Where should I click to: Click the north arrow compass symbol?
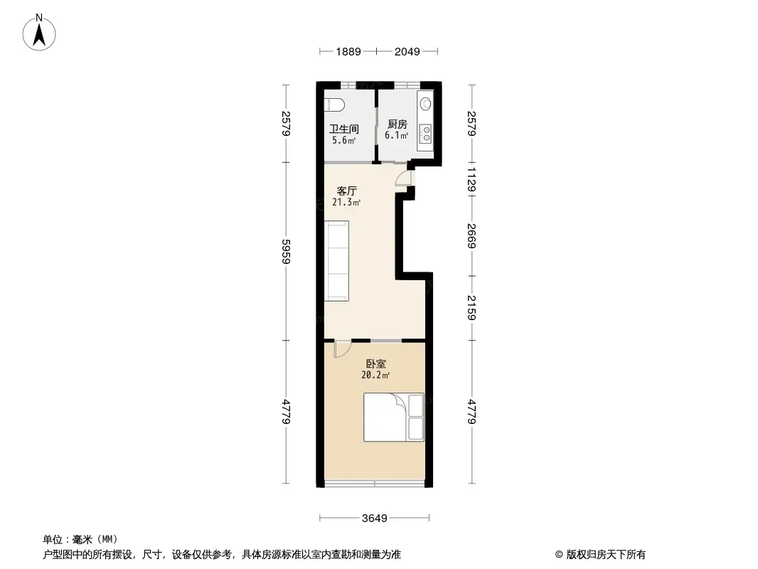click(39, 33)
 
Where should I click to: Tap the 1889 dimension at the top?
click(348, 52)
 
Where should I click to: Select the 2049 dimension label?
click(407, 52)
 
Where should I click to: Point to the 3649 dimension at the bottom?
click(375, 519)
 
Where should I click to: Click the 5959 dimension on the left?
click(286, 251)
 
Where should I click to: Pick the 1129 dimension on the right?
click(472, 179)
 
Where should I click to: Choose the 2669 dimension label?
click(472, 235)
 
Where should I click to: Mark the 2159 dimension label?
click(472, 307)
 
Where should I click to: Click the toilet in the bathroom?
click(334, 105)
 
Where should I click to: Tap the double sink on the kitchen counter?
click(426, 134)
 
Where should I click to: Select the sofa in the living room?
click(336, 261)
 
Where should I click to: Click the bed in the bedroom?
click(393, 418)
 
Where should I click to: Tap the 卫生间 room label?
click(344, 129)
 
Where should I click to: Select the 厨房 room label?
click(397, 124)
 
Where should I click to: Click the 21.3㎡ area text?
click(346, 202)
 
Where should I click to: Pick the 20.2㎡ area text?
click(375, 375)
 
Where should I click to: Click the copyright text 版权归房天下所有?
click(606, 555)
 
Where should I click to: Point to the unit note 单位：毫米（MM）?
click(80, 540)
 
